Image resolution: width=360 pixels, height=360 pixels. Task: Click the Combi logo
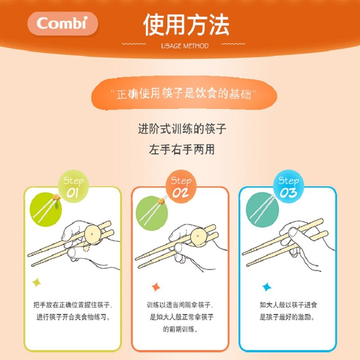[63, 23]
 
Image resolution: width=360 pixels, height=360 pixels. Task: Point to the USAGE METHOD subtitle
[184, 46]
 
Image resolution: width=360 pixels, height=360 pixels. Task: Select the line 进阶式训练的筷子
[182, 129]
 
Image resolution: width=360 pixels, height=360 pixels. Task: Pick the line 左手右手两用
[182, 149]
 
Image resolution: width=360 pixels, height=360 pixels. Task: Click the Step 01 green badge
[73, 186]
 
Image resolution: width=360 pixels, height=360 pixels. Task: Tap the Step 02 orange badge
[181, 186]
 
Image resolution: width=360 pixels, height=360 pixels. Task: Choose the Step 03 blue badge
[288, 186]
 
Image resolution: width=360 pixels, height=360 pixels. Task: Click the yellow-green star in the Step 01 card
[36, 283]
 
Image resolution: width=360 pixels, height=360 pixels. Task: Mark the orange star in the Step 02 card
[156, 286]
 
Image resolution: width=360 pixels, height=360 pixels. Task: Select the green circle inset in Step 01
[45, 208]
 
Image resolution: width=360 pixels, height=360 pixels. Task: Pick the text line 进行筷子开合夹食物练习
[73, 317]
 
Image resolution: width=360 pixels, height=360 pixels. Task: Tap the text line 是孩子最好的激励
[288, 317]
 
